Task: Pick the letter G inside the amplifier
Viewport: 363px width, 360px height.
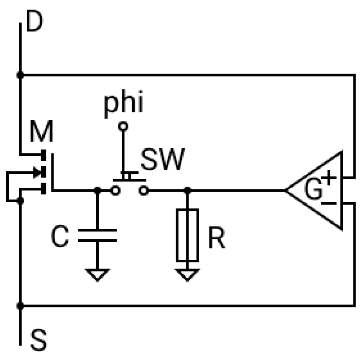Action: (313, 190)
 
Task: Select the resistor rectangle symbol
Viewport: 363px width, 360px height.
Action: (187, 236)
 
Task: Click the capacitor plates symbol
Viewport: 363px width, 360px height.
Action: (97, 235)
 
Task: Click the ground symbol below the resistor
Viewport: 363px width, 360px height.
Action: (187, 274)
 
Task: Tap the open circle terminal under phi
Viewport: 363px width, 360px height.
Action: (123, 126)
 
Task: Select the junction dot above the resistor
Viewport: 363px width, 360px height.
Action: (187, 190)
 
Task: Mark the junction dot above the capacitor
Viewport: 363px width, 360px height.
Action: (97, 190)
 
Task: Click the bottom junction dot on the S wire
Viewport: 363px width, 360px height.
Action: (20, 306)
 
